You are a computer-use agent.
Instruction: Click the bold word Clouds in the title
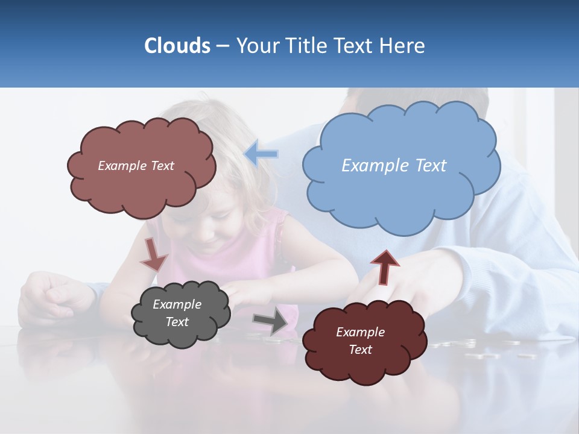pos(177,45)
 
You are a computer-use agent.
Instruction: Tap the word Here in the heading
pos(402,45)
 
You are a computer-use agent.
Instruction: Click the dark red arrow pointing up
pos(384,267)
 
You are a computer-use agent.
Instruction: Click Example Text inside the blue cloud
pos(394,165)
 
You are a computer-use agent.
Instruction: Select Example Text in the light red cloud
pos(136,166)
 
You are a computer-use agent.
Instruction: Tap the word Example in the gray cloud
pos(177,304)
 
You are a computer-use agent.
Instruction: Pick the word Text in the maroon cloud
pos(360,350)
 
